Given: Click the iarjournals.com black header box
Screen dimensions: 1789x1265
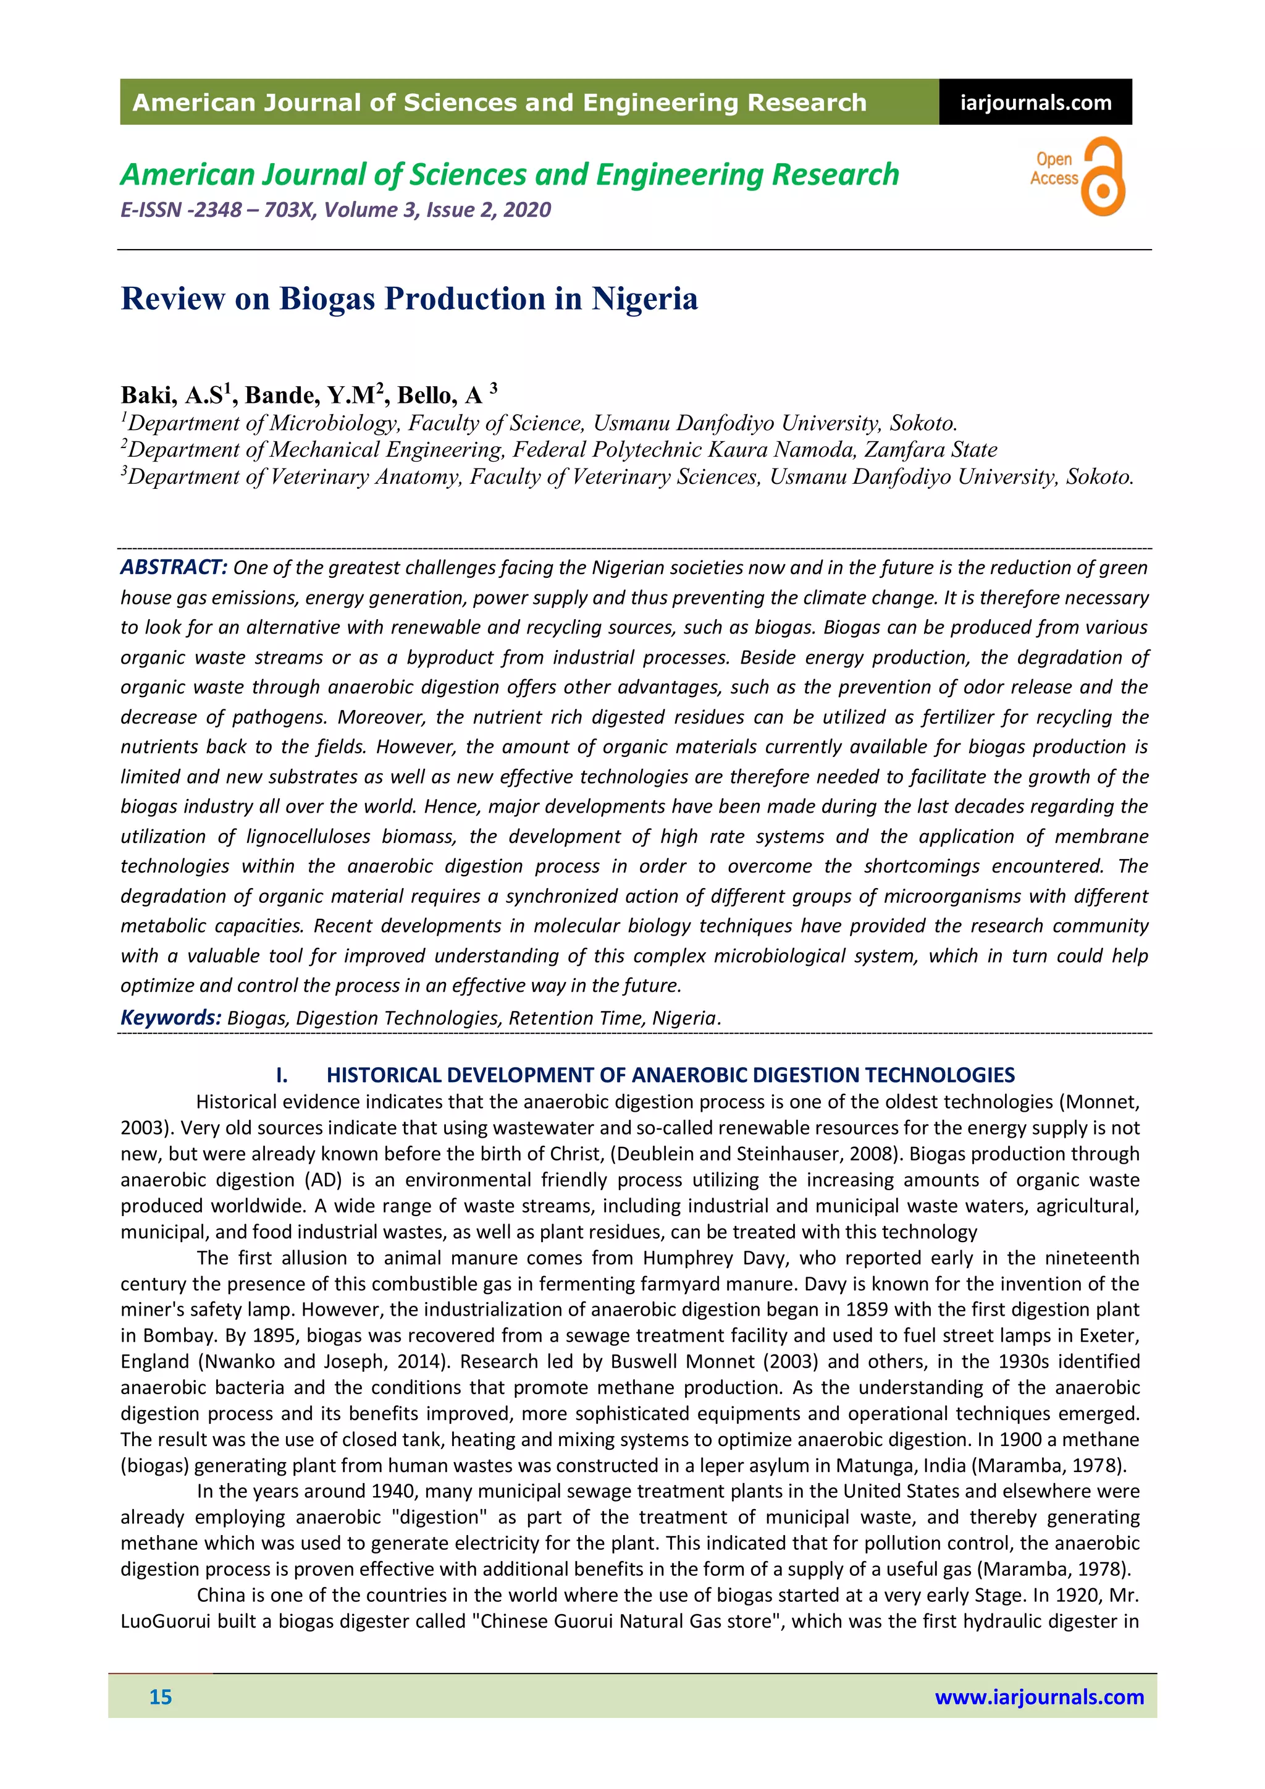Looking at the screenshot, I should pyautogui.click(x=1035, y=102).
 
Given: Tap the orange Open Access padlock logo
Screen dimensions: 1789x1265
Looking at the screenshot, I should pyautogui.click(x=1101, y=177).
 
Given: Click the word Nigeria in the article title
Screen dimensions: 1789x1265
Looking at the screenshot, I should pyautogui.click(x=644, y=299).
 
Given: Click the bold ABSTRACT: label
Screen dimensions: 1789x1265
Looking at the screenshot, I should pyautogui.click(x=173, y=567).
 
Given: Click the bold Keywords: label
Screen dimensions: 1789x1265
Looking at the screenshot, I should pyautogui.click(x=170, y=1018).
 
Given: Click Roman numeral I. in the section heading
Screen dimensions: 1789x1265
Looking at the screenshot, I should pyautogui.click(x=282, y=1075).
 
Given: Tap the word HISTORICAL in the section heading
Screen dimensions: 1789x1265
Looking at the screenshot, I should pyautogui.click(x=376, y=1075).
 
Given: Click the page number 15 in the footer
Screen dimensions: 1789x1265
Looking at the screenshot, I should pyautogui.click(x=161, y=1697).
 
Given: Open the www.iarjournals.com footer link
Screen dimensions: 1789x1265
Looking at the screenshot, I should pyautogui.click(x=1039, y=1697).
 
